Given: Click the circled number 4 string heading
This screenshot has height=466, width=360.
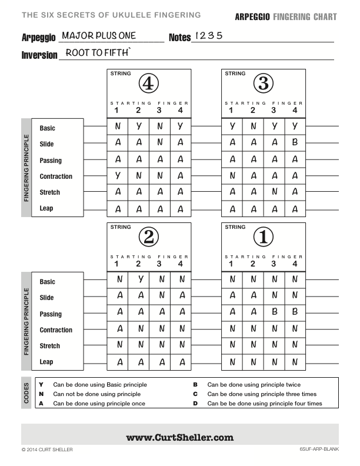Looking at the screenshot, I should pos(149,84).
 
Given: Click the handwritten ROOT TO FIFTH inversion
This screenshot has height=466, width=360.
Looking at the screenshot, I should pos(99,53).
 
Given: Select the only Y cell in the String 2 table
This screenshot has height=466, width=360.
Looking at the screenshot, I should pos(139,279).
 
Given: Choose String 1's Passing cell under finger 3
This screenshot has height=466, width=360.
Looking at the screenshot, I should pos(274,312).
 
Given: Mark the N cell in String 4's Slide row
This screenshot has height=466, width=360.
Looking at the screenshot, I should pos(159,142).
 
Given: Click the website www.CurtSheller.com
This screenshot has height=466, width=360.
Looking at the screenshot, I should pos(179,437).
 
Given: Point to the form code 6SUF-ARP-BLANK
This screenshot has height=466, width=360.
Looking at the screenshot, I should pos(318,450).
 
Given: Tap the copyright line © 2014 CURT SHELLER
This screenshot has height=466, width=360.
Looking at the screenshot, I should pos(47,450).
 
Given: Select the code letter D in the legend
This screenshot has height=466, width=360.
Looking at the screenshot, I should pos(195,404).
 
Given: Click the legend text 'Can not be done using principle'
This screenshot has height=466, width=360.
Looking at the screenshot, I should pos(96,394).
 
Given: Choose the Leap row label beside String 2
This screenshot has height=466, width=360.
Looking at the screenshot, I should pos(46,362).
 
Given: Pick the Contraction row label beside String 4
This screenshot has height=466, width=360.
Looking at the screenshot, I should pos(56,177).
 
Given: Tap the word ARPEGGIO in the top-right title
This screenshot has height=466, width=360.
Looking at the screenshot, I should pos(252,17).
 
